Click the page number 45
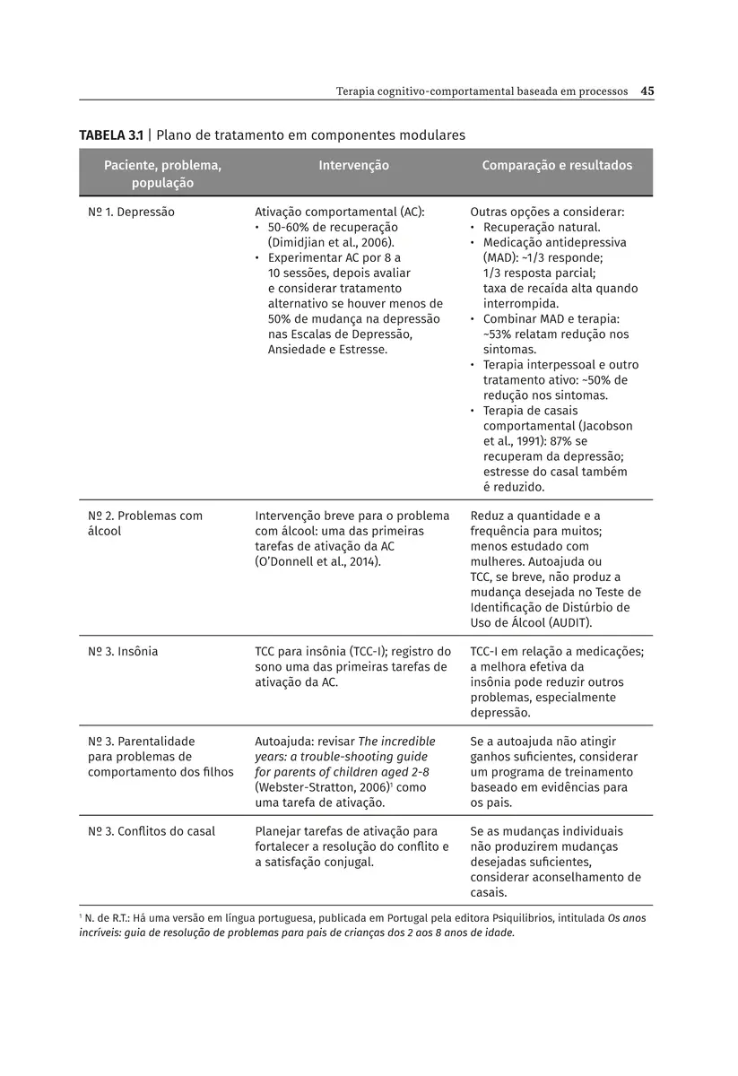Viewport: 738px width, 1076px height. (x=647, y=91)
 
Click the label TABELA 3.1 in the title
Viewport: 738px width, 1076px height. (x=111, y=135)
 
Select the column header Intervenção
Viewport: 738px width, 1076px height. (x=353, y=166)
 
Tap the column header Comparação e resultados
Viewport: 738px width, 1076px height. (x=557, y=166)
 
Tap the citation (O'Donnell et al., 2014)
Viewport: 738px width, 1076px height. (x=318, y=561)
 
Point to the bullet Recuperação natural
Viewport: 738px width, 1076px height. (x=542, y=228)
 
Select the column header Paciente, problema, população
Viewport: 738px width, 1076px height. (x=162, y=174)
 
